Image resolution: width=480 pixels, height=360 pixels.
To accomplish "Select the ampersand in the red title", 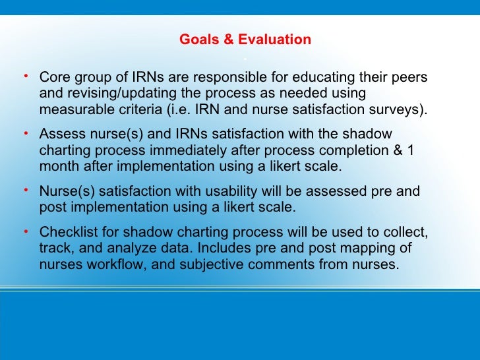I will click(x=228, y=40).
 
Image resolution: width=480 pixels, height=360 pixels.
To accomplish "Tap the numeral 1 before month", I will click(x=411, y=150).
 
